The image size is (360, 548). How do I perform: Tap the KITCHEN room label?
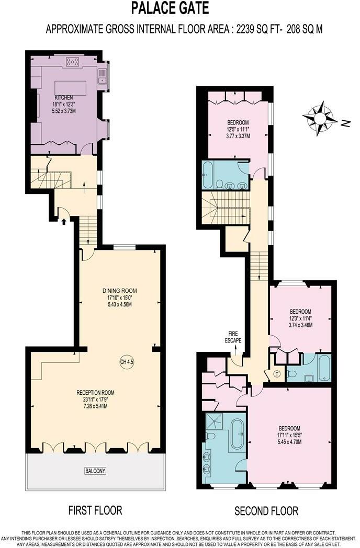pos(64,98)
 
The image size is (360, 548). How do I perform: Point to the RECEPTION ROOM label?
pos(95,393)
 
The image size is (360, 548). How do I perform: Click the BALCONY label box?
pos(95,471)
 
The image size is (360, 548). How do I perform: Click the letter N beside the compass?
pos(345,123)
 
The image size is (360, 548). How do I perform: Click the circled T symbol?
pos(276,373)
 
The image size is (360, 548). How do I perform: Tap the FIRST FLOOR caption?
pos(95,510)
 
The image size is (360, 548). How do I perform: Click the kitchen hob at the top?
pos(73,62)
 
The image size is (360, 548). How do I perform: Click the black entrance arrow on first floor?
pos(64,222)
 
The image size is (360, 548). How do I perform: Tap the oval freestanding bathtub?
pos(238,434)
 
